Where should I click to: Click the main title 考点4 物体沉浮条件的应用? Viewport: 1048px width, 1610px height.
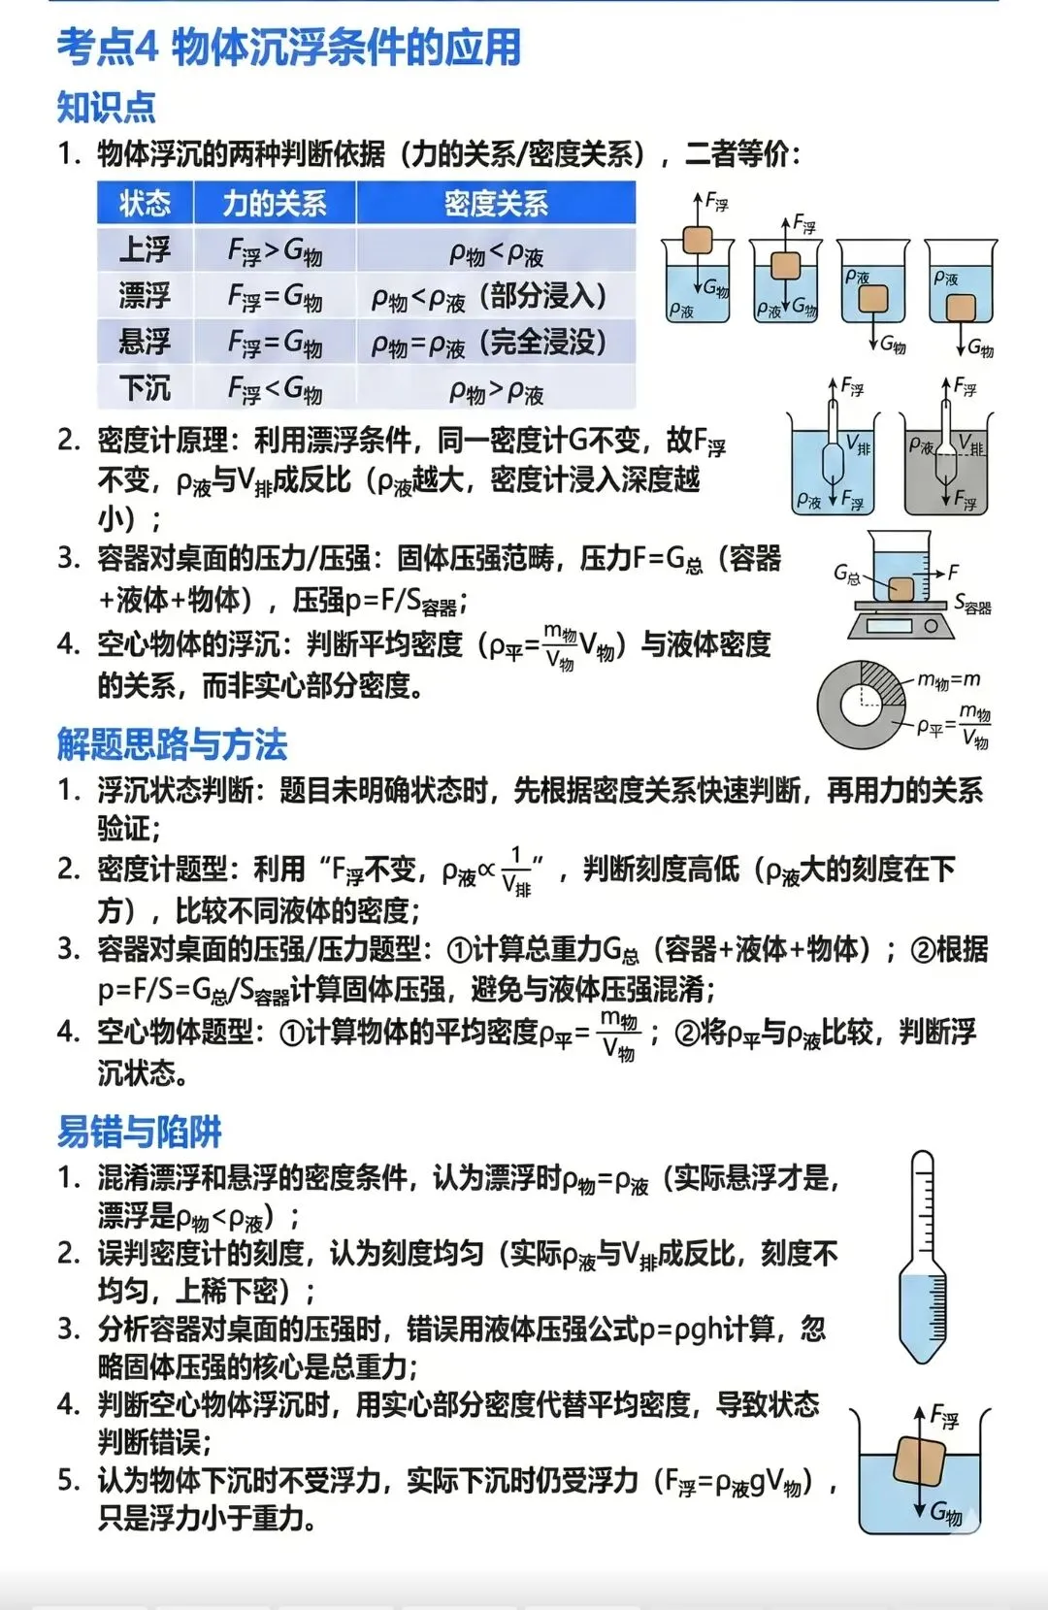point(288,48)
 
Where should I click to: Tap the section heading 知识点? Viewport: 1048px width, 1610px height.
point(106,107)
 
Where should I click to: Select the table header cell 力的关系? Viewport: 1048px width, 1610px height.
point(275,204)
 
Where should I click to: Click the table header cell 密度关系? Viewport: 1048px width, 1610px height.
point(496,204)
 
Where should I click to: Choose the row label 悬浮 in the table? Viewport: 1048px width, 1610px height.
point(145,342)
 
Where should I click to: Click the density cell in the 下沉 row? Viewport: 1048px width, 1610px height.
point(496,390)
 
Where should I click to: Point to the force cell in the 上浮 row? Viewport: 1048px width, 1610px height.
point(275,250)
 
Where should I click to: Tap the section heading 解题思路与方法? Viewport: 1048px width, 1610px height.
point(172,744)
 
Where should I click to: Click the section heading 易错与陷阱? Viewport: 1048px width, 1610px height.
point(139,1132)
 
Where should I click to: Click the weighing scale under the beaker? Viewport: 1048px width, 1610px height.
point(897,621)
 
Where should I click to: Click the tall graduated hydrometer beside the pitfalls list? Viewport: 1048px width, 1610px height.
point(922,1257)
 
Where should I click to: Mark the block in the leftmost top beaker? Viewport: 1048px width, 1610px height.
point(697,240)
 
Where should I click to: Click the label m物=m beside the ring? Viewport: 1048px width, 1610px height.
point(948,680)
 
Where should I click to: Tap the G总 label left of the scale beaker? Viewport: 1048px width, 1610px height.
point(846,575)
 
